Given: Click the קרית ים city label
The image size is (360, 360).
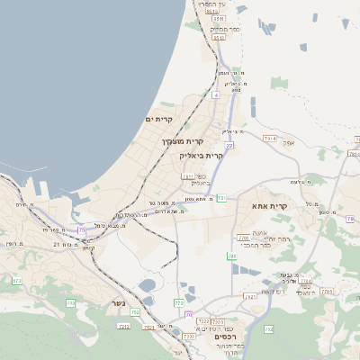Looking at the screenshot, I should click(x=158, y=120).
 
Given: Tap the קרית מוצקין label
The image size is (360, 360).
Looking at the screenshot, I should click(x=184, y=142).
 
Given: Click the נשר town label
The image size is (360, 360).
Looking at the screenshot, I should click(x=118, y=302).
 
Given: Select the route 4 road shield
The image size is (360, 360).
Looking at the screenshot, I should click(x=216, y=94).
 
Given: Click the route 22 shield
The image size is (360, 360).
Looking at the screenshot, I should click(x=229, y=144).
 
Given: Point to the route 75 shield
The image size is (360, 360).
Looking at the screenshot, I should click(x=82, y=230).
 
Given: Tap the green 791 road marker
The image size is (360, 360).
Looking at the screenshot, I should click(x=222, y=196).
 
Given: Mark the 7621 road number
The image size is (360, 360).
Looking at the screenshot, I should click(x=187, y=176).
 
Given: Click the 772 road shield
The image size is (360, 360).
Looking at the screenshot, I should click(x=179, y=305).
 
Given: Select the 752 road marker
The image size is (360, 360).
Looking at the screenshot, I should click(x=135, y=313).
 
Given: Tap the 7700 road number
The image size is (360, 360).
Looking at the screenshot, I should click(x=243, y=238).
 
